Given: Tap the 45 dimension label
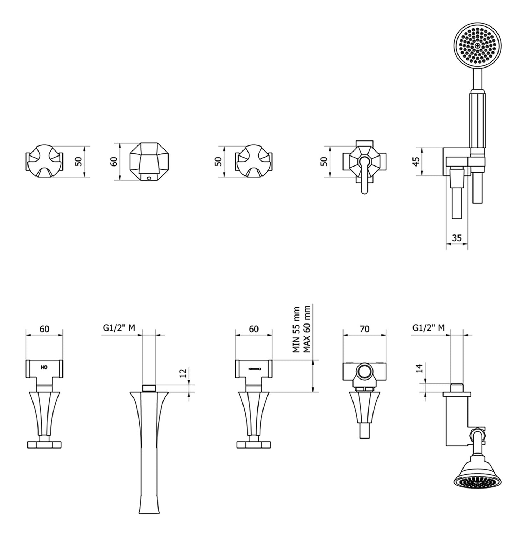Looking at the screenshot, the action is [416, 162].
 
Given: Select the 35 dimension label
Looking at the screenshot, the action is [457, 238].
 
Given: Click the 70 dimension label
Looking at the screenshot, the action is [364, 329].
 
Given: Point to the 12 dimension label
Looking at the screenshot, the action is [183, 373].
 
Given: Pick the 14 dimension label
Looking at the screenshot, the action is [419, 368].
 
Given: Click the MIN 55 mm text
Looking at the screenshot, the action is [296, 330].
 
